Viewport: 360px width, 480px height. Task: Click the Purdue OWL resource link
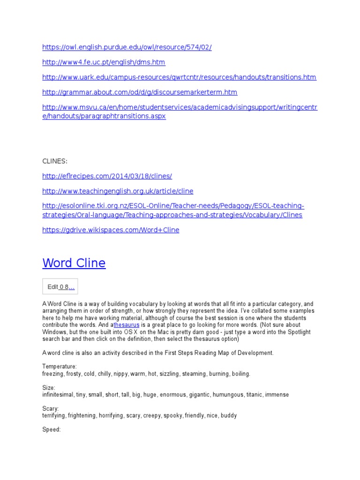pos(127,47)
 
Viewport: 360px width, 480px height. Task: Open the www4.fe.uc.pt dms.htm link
pos(104,62)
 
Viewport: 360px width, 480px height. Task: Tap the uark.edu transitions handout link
pos(179,77)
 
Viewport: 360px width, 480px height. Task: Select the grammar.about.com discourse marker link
pos(140,92)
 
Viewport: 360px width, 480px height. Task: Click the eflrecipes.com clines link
pos(107,176)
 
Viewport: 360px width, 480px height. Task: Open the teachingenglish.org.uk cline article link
pos(118,191)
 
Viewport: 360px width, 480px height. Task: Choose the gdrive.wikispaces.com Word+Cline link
pos(111,230)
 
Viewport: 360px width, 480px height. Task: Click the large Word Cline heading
pos(74,263)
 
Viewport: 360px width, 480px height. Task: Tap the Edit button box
pos(60,287)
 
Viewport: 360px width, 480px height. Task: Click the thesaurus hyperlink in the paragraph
pos(127,325)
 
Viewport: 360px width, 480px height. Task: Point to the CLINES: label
pos(55,161)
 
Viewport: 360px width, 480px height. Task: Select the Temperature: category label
pos(60,366)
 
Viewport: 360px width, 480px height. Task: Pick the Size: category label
pos(49,388)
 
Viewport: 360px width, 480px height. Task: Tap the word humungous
pos(228,395)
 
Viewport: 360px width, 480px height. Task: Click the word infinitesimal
pos(58,395)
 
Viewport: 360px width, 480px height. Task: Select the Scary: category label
pos(51,409)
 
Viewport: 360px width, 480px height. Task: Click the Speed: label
pos(52,429)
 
